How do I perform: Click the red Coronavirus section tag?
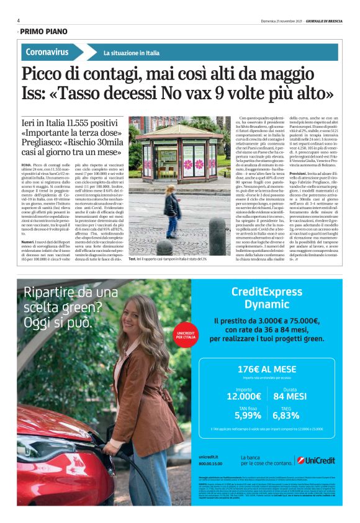tap(47, 52)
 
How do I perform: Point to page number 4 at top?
tap(19, 20)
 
